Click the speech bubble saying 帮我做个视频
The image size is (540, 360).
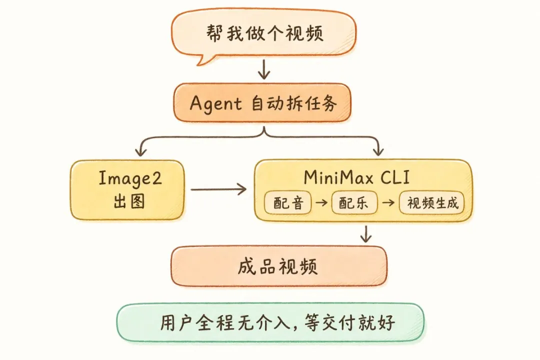pos(264,33)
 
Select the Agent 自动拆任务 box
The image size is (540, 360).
pos(263,103)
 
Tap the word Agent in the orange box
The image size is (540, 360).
pos(215,103)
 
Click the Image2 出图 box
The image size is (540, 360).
pos(127,190)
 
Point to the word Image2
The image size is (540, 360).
pos(129,179)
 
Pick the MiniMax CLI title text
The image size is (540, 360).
pos(363,178)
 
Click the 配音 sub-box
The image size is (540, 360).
pos(288,203)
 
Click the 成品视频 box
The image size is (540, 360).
pos(279,266)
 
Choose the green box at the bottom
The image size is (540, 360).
pos(270,322)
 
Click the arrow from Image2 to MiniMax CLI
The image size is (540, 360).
pos(218,189)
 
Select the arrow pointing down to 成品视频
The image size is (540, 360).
pos(366,234)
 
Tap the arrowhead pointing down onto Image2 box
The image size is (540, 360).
pos(141,151)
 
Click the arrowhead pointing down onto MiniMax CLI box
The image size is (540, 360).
pos(378,151)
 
